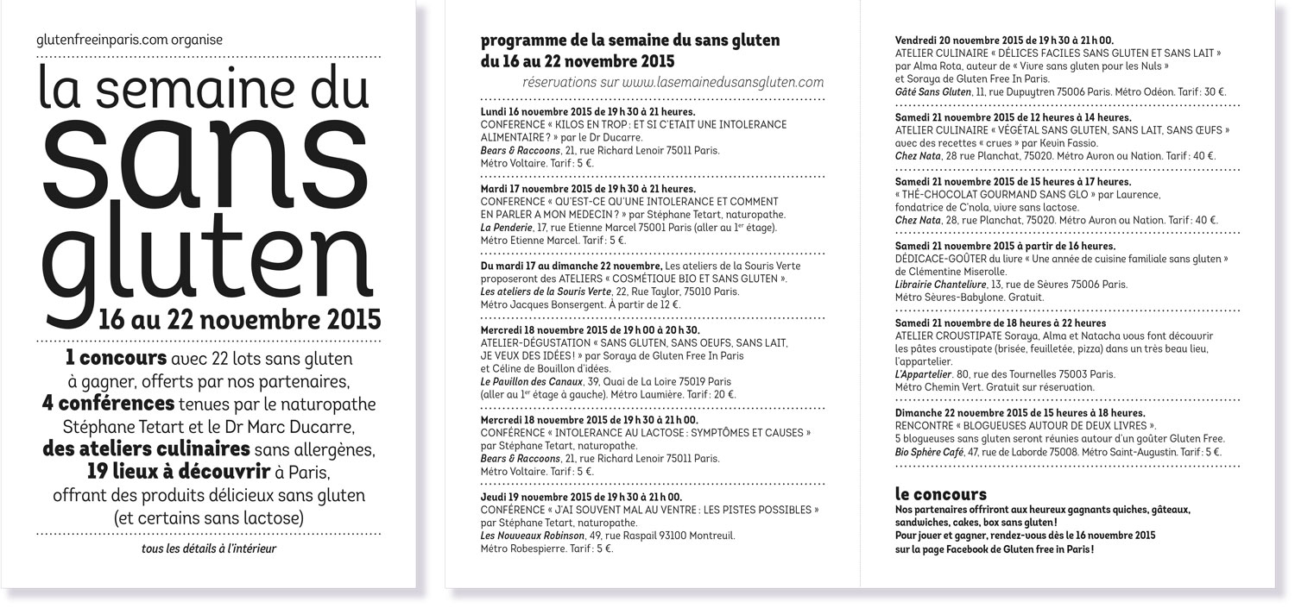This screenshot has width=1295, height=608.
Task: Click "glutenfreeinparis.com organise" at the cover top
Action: pyautogui.click(x=130, y=40)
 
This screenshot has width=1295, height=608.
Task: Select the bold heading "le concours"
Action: pyautogui.click(x=941, y=494)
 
